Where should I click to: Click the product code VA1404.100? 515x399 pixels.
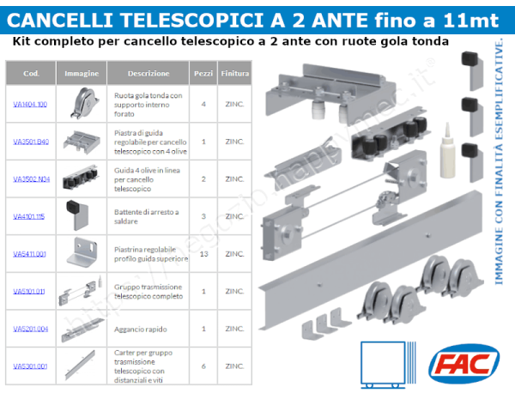[x=30, y=104]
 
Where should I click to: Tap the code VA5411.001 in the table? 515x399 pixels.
[x=30, y=254]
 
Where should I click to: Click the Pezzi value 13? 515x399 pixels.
[x=203, y=254]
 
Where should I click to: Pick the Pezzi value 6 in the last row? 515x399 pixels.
[x=203, y=366]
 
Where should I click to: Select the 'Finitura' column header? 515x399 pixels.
[x=234, y=74]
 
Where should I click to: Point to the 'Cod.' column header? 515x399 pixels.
[x=31, y=74]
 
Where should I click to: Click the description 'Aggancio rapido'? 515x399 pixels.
[x=139, y=329]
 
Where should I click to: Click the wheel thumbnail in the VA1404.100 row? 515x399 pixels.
[x=82, y=104]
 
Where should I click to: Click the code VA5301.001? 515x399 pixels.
[x=30, y=366]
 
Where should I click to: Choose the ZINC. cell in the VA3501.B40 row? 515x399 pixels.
[x=234, y=141]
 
